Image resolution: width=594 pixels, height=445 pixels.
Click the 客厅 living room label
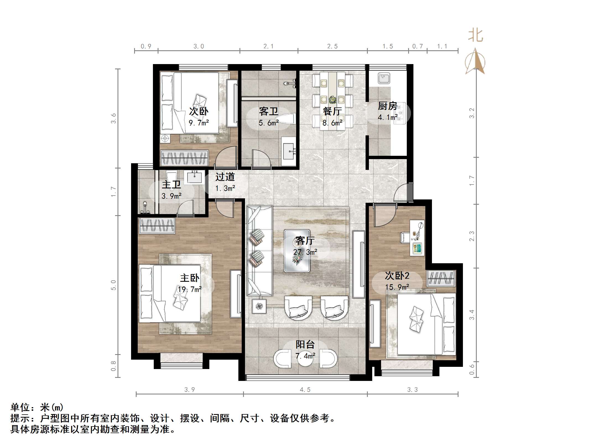tap(305, 241)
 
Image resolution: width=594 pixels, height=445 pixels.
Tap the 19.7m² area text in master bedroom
tap(189, 289)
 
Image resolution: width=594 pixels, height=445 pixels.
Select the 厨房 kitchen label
tap(387, 106)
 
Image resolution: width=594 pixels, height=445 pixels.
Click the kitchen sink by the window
tap(384, 78)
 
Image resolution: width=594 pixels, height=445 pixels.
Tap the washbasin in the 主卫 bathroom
tap(195, 177)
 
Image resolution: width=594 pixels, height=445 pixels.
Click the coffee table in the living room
tap(297, 251)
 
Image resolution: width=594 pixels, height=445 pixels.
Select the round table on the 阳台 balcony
tap(305, 359)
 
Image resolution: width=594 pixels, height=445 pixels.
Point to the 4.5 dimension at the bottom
tap(305, 389)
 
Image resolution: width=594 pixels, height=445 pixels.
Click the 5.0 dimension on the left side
tap(113, 285)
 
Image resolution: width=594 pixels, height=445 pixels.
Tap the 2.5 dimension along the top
tap(332, 46)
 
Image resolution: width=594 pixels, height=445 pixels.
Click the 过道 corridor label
tap(225, 177)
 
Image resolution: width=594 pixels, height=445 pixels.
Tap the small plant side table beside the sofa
tap(259, 306)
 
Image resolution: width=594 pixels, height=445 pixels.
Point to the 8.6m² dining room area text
tap(332, 123)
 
